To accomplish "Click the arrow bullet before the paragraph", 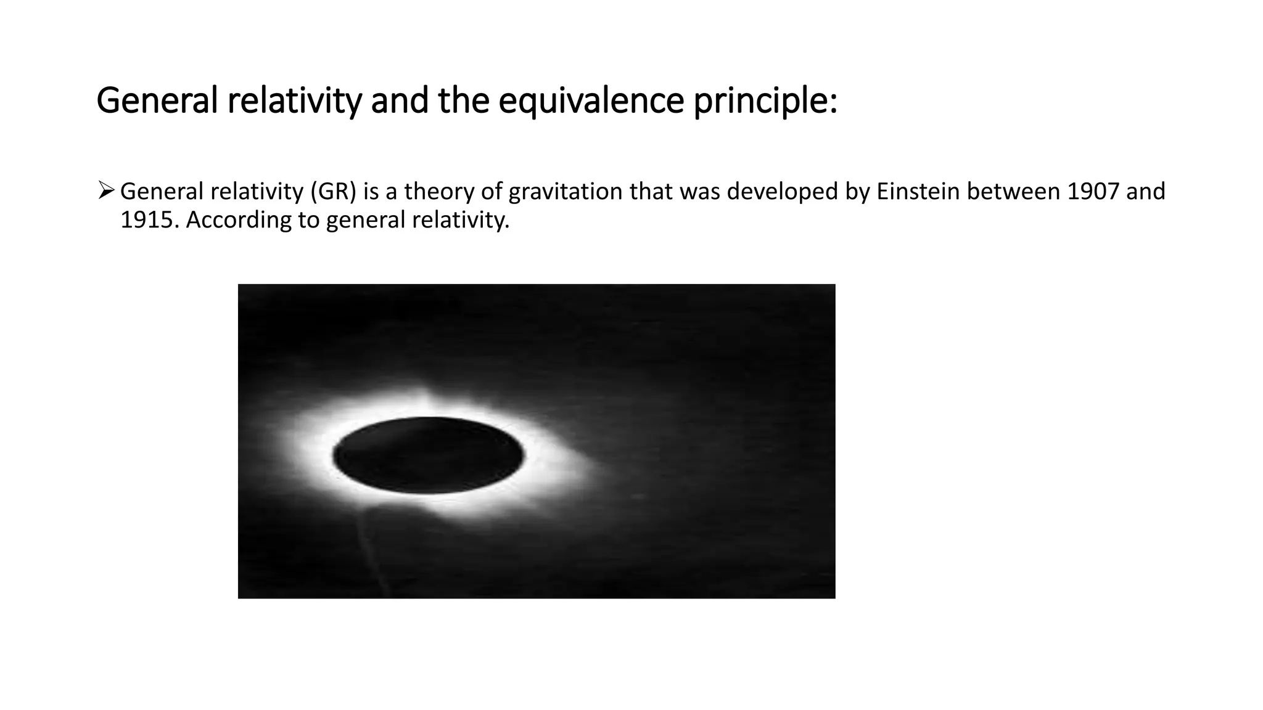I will (105, 191).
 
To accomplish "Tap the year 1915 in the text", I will (149, 220).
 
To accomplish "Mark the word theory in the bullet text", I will (439, 192).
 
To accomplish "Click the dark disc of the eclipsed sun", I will (429, 455).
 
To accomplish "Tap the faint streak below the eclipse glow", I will (373, 549).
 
